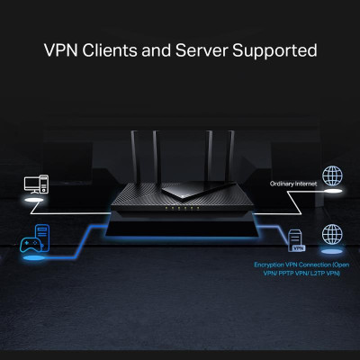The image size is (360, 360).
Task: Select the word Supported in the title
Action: pyautogui.click(x=275, y=49)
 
